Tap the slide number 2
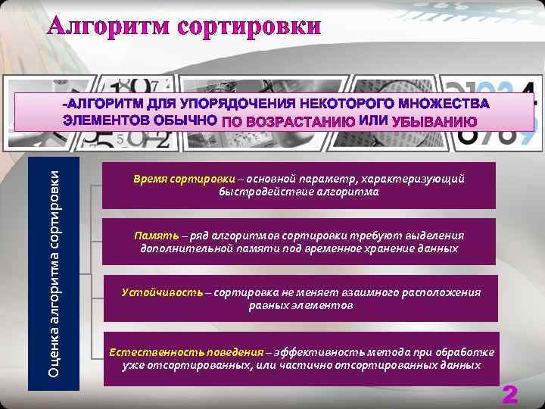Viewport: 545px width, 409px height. click(x=511, y=395)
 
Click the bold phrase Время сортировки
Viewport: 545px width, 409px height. click(x=169, y=180)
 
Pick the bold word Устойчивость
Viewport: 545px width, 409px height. click(x=162, y=292)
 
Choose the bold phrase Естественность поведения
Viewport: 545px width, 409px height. click(x=186, y=352)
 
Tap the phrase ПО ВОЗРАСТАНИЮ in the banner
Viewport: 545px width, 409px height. click(x=290, y=121)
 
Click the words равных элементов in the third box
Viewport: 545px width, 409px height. click(x=301, y=305)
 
